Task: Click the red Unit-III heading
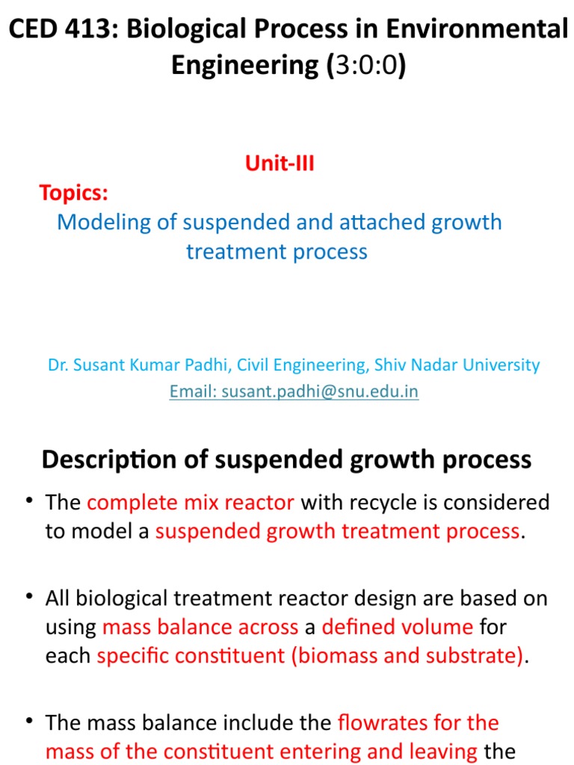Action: coord(280,164)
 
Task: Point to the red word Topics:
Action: coord(74,193)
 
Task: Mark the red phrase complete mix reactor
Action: coord(191,502)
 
